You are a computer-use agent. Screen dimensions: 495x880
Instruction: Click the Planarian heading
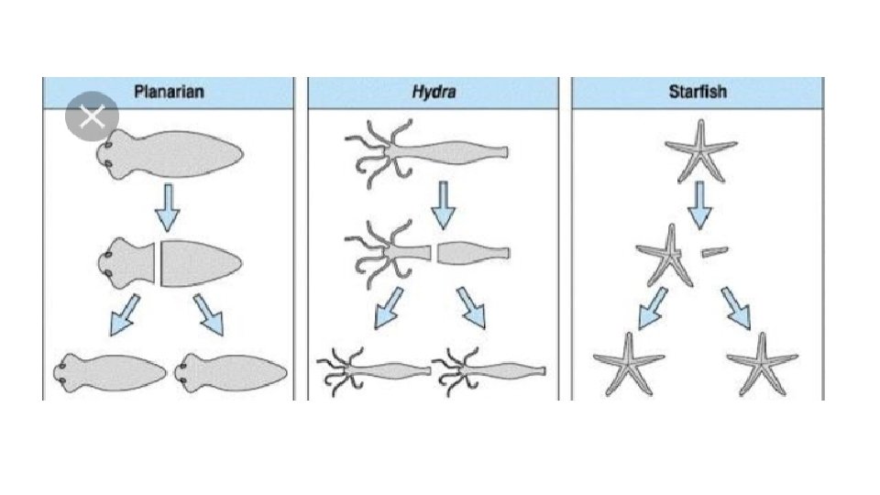coord(168,92)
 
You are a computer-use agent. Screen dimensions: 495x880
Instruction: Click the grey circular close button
coord(93,117)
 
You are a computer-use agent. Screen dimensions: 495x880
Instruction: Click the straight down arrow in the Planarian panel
coord(167,206)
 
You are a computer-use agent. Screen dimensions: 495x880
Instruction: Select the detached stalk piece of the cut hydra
coord(472,252)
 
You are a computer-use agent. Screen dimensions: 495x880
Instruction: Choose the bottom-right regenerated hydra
coord(490,371)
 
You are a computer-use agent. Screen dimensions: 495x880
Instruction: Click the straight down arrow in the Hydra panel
coord(443,204)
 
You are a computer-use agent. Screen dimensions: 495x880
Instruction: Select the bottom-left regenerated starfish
coord(629,363)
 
